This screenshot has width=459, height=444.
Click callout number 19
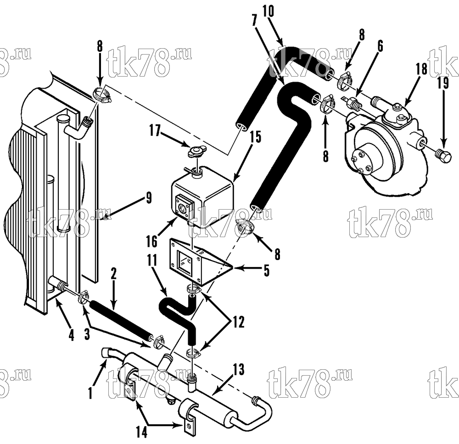pos(443,83)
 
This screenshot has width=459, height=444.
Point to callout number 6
pos(380,46)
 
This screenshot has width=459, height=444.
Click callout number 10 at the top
pos(268,12)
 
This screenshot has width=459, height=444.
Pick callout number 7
pos(254,20)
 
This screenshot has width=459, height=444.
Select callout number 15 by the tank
pos(256,137)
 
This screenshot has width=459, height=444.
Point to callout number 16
pos(151,242)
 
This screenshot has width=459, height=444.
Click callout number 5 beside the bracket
pos(266,271)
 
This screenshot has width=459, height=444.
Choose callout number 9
pos(149,198)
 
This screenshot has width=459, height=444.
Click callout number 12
pos(238,322)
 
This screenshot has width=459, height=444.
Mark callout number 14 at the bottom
pos(141,432)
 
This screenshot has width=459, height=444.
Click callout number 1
pos(90,393)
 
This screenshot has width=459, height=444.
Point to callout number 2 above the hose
pos(113,274)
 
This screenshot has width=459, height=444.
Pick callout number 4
pos(72,335)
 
